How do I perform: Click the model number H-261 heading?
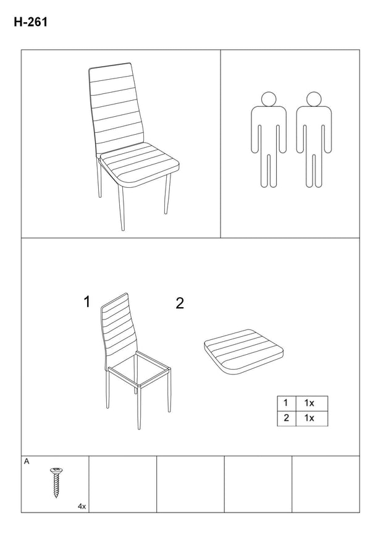click(x=31, y=22)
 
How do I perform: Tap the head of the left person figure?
click(x=269, y=100)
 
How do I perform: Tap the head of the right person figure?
click(x=314, y=100)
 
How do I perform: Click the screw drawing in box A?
click(x=56, y=482)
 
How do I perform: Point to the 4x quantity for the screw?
click(x=82, y=507)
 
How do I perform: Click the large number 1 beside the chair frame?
click(x=87, y=302)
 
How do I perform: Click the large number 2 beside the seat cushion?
click(x=180, y=303)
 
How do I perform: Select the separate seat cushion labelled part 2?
click(x=243, y=352)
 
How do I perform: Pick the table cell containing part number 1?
click(x=286, y=403)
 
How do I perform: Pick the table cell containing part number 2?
click(x=286, y=418)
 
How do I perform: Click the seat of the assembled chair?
click(x=139, y=164)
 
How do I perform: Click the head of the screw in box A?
click(x=56, y=470)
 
